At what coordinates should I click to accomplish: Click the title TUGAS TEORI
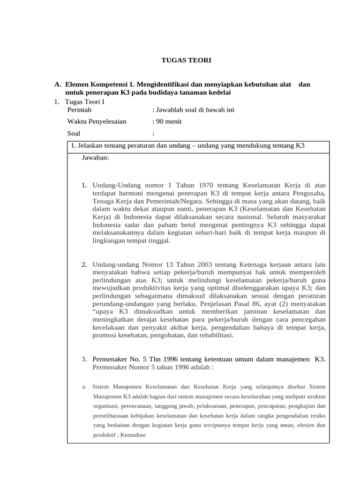click(x=180, y=60)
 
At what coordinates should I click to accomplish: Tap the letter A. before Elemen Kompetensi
click(x=58, y=84)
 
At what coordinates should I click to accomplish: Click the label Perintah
click(x=79, y=110)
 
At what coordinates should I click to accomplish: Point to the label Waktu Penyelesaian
click(x=97, y=121)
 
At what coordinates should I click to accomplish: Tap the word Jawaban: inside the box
click(x=96, y=157)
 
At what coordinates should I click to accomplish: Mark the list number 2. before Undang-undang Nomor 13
click(x=84, y=265)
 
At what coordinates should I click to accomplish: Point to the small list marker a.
click(x=83, y=387)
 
